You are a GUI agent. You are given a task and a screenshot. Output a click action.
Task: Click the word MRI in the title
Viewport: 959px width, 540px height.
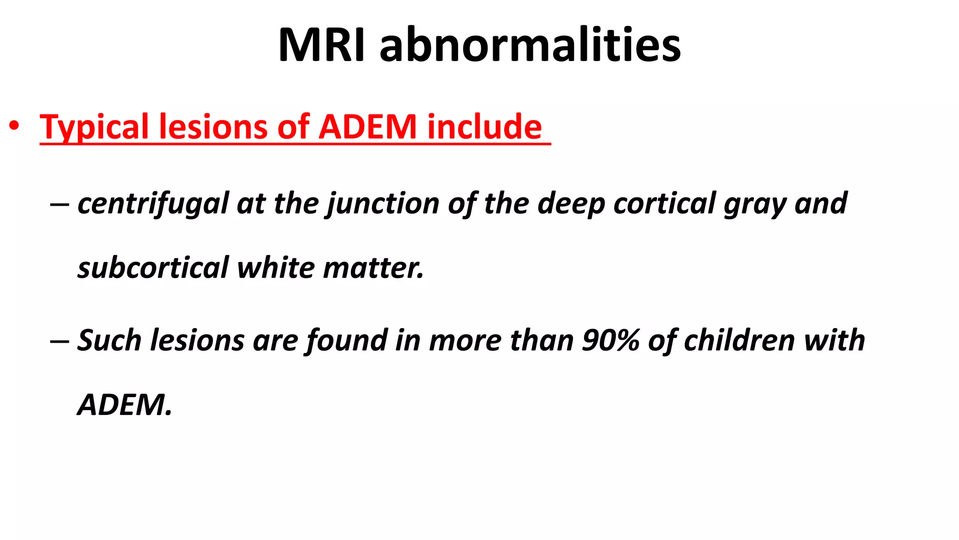pyautogui.click(x=321, y=45)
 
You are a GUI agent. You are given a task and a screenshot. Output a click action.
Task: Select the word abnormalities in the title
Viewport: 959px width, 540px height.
pyautogui.click(x=530, y=45)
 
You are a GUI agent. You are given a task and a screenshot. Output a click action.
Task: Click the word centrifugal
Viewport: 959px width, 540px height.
pyautogui.click(x=153, y=203)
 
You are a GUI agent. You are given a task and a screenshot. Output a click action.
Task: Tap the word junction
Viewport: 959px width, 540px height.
pyautogui.click(x=383, y=203)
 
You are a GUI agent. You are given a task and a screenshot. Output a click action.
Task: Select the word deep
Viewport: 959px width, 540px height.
pyautogui.click(x=570, y=203)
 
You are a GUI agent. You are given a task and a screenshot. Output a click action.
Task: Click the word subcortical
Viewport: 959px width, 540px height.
pyautogui.click(x=153, y=268)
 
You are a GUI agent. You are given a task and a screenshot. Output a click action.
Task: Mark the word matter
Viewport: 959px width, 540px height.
pyautogui.click(x=373, y=268)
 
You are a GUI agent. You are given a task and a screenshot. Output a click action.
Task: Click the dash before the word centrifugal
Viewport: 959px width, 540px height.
pyautogui.click(x=59, y=204)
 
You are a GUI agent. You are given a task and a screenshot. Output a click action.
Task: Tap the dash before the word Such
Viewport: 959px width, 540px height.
pyautogui.click(x=59, y=341)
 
